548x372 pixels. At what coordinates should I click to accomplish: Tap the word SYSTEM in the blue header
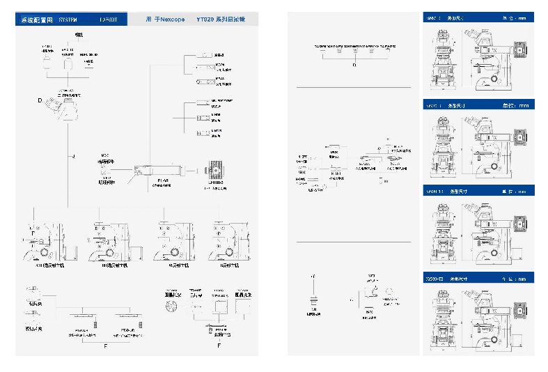72,20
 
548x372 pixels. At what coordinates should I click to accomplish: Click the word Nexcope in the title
170,20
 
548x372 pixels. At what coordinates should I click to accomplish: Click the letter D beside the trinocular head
40,101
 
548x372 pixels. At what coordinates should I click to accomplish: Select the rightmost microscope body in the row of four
227,242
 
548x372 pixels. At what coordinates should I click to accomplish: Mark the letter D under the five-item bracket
354,65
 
